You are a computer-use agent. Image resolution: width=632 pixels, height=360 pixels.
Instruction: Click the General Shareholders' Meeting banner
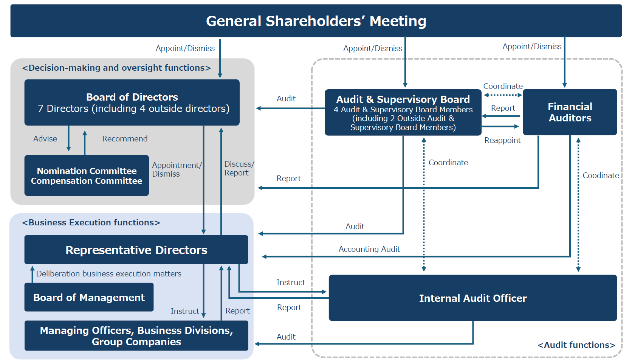pyautogui.click(x=316, y=21)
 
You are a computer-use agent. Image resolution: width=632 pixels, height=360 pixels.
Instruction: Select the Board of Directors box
pyautogui.click(x=132, y=102)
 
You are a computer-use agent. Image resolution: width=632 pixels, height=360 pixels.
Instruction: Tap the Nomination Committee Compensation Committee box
pyautogui.click(x=87, y=175)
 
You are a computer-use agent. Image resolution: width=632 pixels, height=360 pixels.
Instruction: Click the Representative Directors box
pyautogui.click(x=136, y=250)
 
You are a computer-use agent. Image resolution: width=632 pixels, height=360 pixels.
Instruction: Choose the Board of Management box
pyautogui.click(x=89, y=298)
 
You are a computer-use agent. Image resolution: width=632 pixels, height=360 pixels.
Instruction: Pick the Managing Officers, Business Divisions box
pyautogui.click(x=136, y=336)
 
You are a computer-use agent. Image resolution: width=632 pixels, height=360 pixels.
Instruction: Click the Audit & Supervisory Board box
pyautogui.click(x=403, y=113)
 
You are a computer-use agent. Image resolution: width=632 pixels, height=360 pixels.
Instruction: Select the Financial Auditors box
pyautogui.click(x=570, y=112)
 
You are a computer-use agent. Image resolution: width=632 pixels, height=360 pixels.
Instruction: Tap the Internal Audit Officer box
pyautogui.click(x=472, y=298)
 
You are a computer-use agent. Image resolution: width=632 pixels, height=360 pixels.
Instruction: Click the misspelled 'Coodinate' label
pyautogui.click(x=601, y=175)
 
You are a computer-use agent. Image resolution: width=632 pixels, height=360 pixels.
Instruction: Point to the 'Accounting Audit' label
pyautogui.click(x=369, y=249)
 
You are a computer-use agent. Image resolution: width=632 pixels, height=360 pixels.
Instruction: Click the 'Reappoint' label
pyautogui.click(x=502, y=140)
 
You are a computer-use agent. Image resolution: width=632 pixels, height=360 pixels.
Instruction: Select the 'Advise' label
pyautogui.click(x=45, y=139)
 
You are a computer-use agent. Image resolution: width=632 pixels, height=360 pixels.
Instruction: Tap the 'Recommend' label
pyautogui.click(x=125, y=139)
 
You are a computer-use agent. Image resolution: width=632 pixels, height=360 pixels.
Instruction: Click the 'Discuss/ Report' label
pyautogui.click(x=238, y=169)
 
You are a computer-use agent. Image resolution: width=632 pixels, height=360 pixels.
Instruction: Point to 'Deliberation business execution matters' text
pyautogui.click(x=108, y=274)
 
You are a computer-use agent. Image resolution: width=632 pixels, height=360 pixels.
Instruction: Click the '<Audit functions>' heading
pyautogui.click(x=576, y=345)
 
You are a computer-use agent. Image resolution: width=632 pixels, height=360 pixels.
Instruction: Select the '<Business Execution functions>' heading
pyautogui.click(x=91, y=222)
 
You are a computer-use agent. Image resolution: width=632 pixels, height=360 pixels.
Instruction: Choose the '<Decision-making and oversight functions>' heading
pyautogui.click(x=116, y=68)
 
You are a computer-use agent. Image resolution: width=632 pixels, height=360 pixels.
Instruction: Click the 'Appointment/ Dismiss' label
pyautogui.click(x=177, y=169)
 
